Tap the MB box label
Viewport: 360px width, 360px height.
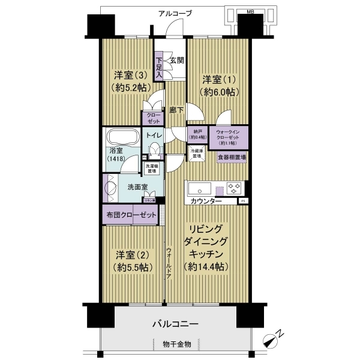tap(251, 11)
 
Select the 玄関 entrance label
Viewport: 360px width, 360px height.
tap(176, 60)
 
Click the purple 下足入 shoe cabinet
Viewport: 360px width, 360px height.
tap(158, 67)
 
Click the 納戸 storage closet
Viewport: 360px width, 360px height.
tap(196, 134)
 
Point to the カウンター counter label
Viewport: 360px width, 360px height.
tap(207, 201)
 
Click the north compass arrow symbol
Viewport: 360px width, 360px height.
tap(271, 341)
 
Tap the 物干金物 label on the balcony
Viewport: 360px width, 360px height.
tap(176, 344)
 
